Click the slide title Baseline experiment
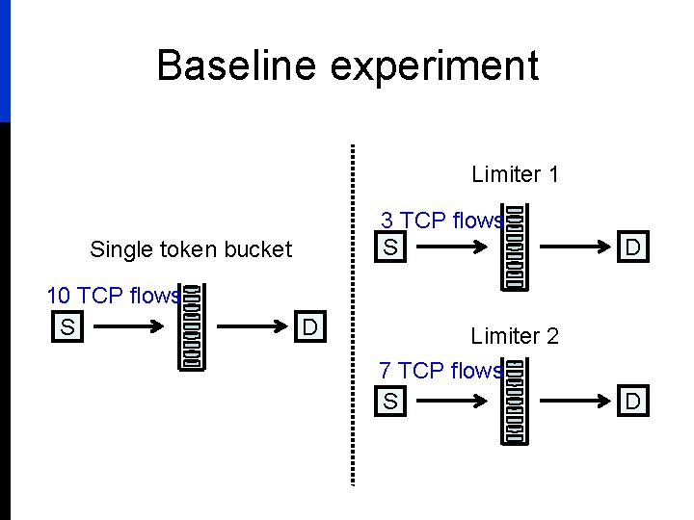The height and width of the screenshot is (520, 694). coord(347,65)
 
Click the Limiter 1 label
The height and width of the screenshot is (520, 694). coord(515,174)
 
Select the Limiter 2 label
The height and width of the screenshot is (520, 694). coord(515,336)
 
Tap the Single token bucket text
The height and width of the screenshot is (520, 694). coord(190,249)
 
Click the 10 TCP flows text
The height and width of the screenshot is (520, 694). coord(113,296)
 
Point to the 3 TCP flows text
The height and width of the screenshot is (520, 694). coord(441,221)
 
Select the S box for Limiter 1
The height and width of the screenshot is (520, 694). coord(389,248)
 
